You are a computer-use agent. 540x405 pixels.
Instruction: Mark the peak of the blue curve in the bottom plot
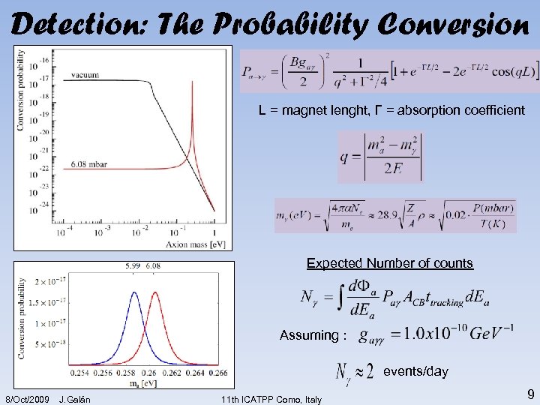click(x=134, y=292)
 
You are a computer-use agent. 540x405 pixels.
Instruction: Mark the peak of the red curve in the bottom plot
click(x=154, y=292)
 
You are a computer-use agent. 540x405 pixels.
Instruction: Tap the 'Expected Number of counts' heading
click(x=389, y=263)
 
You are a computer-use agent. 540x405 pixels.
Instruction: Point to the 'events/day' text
click(x=415, y=371)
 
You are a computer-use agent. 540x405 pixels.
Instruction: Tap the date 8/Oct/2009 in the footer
click(x=27, y=398)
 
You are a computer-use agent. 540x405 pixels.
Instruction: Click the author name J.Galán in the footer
click(x=74, y=398)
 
